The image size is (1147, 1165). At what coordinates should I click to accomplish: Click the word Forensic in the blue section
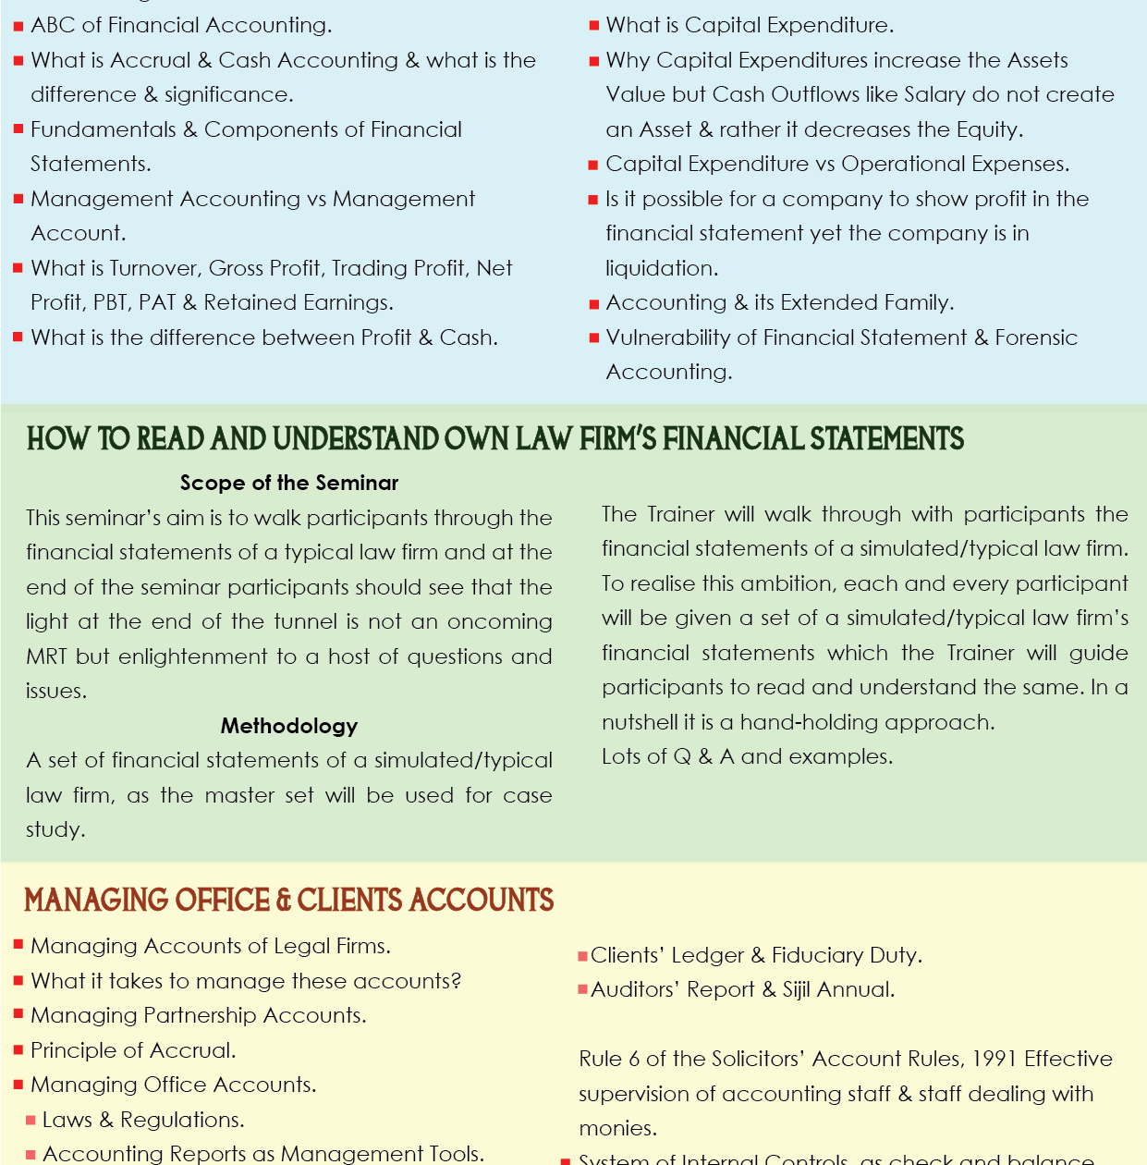point(1036,337)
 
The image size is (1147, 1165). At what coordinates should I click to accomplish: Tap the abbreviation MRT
point(46,656)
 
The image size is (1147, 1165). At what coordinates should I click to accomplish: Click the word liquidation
point(661,268)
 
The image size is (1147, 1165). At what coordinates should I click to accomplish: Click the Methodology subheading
point(288,726)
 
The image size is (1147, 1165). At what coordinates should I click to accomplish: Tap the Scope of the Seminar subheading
point(288,483)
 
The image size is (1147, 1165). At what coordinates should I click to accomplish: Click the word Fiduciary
point(820,955)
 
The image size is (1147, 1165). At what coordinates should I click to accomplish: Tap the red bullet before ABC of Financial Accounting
point(18,27)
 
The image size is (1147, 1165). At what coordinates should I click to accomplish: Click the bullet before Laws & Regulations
point(31,1121)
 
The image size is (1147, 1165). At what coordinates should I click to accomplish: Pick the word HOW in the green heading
point(58,438)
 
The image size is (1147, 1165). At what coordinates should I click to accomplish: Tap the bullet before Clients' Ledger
point(582,956)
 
